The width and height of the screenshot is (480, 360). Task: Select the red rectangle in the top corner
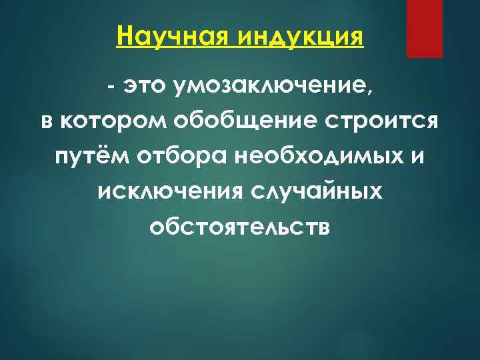click(425, 28)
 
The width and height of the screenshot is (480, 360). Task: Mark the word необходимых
click(308, 158)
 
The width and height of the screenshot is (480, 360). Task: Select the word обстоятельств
click(240, 227)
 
